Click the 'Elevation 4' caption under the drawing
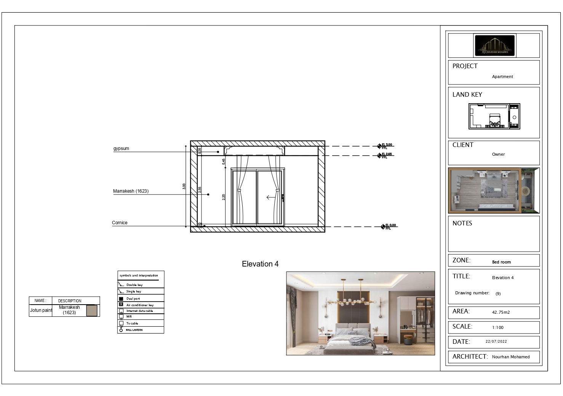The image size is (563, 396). tap(260, 264)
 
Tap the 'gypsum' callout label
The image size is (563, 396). tap(121, 148)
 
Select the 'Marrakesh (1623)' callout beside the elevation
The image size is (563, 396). tap(131, 191)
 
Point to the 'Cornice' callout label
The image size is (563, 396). tap(120, 223)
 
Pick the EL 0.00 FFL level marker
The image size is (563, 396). tap(389, 227)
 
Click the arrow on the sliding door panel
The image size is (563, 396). tap(270, 197)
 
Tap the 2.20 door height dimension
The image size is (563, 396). tap(224, 197)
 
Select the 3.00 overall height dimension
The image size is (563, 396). tap(184, 186)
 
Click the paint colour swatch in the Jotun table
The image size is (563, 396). tap(92, 310)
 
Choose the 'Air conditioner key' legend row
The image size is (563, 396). tap(140, 305)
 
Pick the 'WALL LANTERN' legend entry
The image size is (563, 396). tap(134, 330)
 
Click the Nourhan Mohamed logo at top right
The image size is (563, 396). tap(495, 46)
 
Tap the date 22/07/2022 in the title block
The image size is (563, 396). tap(496, 342)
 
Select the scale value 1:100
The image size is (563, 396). tap(497, 327)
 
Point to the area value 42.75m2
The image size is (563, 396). tap(501, 312)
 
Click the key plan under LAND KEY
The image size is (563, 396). tap(494, 116)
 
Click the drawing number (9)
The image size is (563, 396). tap(498, 294)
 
